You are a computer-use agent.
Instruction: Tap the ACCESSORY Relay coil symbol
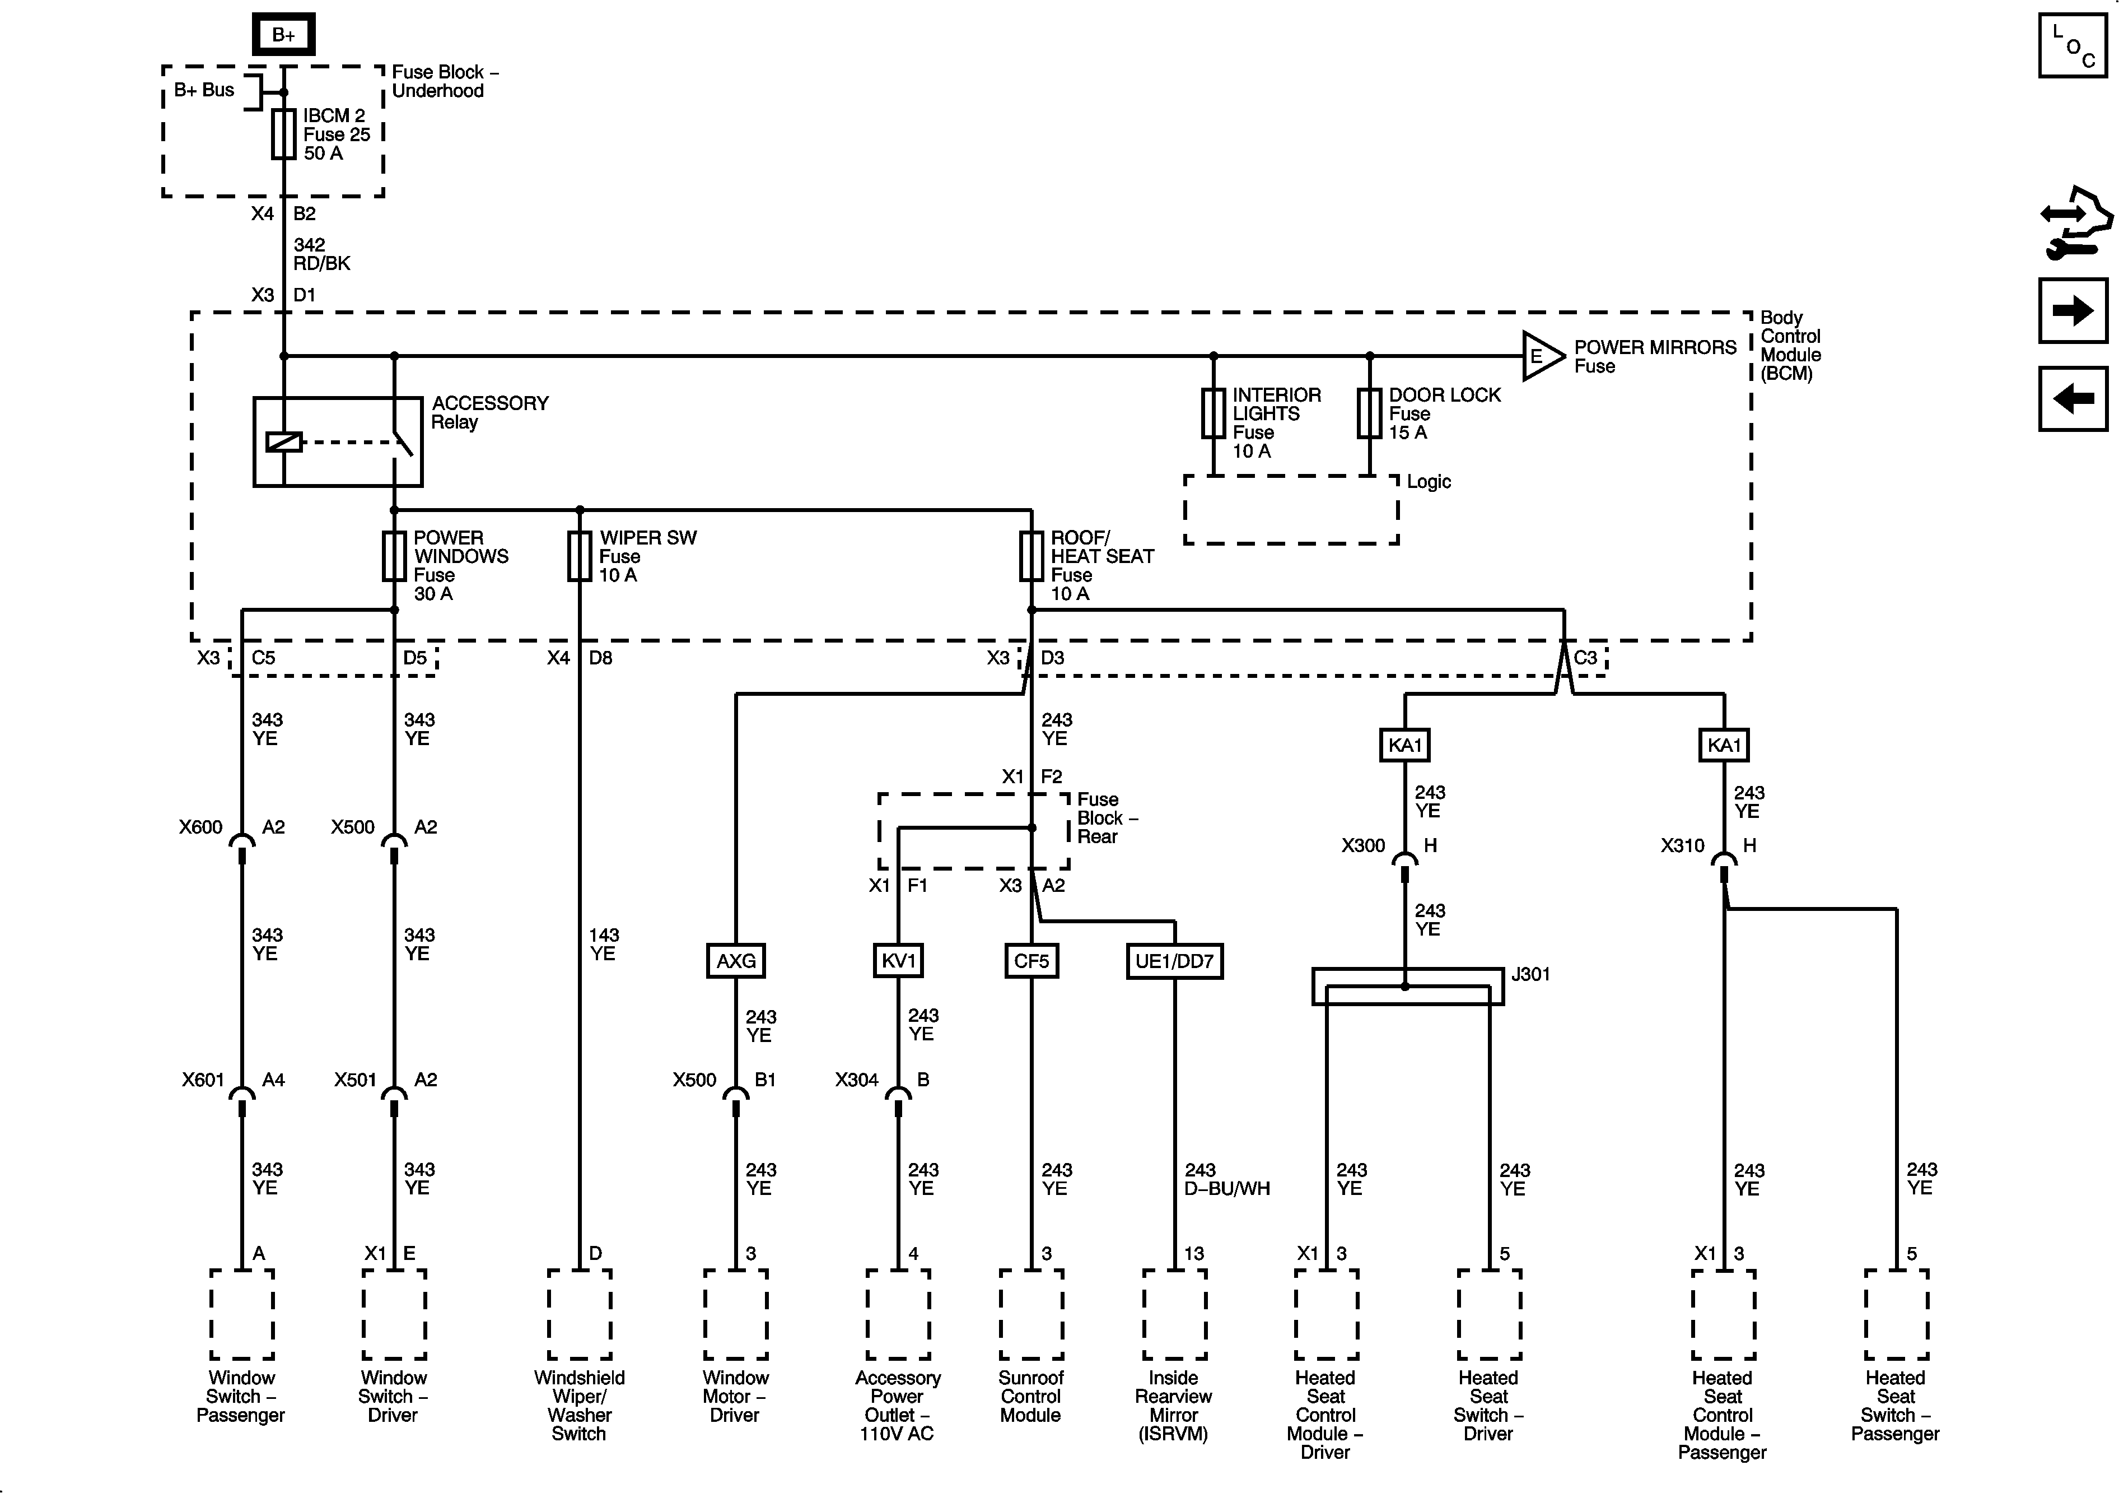point(283,442)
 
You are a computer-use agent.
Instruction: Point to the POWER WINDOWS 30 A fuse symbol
point(394,556)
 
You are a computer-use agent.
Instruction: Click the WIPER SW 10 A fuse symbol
point(580,556)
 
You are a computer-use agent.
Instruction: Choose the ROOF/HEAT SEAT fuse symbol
point(1031,556)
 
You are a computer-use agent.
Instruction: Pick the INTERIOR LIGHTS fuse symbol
point(1213,413)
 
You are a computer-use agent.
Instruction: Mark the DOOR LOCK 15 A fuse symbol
point(1370,413)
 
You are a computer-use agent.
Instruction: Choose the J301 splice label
point(1531,974)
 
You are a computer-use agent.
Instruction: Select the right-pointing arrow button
point(2073,310)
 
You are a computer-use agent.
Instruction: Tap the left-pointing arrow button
point(2073,399)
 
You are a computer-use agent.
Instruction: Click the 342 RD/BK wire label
point(322,254)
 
